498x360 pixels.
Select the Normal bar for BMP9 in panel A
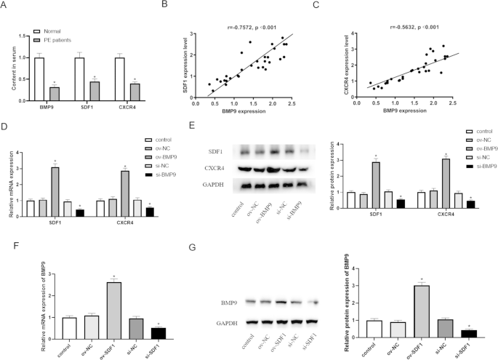click(39, 74)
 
